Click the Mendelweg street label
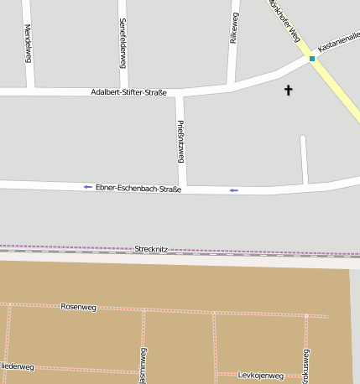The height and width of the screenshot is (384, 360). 29,44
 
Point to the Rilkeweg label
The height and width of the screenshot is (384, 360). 234,29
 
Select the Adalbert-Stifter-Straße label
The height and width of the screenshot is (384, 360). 128,91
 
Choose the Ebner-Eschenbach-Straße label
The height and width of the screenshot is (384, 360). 138,189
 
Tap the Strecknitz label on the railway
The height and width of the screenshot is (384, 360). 152,249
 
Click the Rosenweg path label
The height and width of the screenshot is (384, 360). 79,308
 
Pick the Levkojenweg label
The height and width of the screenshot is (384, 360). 261,375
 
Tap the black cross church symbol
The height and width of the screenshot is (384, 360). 290,89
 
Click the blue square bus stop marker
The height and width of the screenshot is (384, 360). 312,59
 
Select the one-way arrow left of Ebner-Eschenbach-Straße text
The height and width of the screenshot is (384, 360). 88,187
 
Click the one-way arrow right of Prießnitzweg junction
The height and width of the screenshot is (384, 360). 234,190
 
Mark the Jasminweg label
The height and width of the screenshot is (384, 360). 143,366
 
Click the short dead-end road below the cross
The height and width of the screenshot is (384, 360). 304,159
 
